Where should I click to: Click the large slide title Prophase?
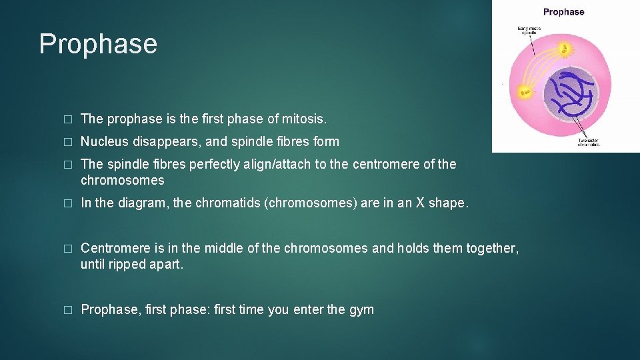pos(98,44)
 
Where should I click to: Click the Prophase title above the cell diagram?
pos(563,12)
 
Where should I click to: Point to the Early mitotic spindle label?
pos(530,31)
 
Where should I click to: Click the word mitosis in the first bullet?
pos(304,119)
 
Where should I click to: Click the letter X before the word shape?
pos(420,203)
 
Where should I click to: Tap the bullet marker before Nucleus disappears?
pos(67,142)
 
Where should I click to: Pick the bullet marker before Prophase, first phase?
pos(67,310)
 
